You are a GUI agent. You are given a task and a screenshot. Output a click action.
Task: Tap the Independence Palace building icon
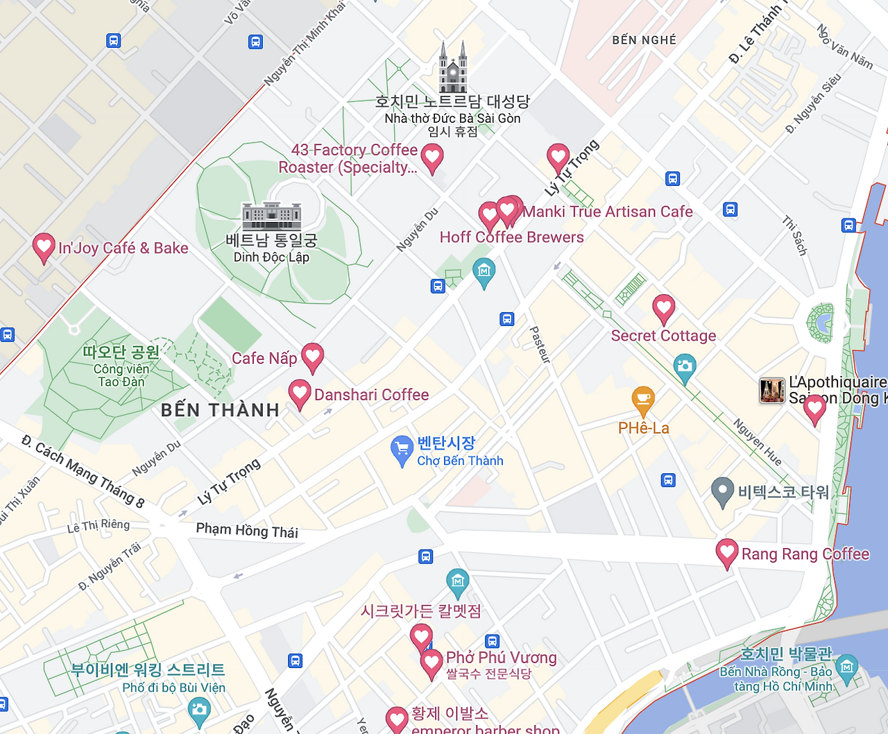[x=271, y=216]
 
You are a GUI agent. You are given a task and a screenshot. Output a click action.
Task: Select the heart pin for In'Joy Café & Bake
[x=44, y=246]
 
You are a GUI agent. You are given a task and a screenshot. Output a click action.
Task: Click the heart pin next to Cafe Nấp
[x=312, y=357]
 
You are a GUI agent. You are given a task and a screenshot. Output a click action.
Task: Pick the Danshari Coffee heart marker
[x=299, y=393]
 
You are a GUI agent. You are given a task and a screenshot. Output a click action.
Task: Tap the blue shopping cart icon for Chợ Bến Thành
[x=402, y=450]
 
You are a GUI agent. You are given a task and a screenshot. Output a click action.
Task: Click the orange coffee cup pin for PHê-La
[x=643, y=400]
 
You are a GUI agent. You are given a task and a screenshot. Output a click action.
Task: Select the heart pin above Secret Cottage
[x=663, y=307]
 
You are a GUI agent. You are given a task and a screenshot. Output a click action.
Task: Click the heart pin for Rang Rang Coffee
[x=726, y=553]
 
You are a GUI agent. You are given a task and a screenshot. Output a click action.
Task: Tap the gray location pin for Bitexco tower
[x=722, y=491]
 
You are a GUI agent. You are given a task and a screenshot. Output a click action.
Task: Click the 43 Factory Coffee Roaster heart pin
[x=432, y=157]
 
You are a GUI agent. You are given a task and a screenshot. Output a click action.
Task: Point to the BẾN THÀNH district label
[x=220, y=410]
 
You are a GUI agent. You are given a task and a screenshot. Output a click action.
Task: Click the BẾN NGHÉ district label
[x=644, y=40]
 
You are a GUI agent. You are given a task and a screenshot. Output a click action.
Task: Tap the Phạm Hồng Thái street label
[x=247, y=530]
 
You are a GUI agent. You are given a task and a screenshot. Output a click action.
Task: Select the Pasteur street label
[x=540, y=345]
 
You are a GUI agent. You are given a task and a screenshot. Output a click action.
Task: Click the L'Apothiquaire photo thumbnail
[x=772, y=391]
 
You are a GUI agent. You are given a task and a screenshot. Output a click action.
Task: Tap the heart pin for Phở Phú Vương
[x=431, y=663]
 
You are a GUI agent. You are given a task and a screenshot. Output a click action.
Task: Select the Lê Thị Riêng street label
[x=99, y=526]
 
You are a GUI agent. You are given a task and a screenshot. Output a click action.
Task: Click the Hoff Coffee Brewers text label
[x=511, y=237]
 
